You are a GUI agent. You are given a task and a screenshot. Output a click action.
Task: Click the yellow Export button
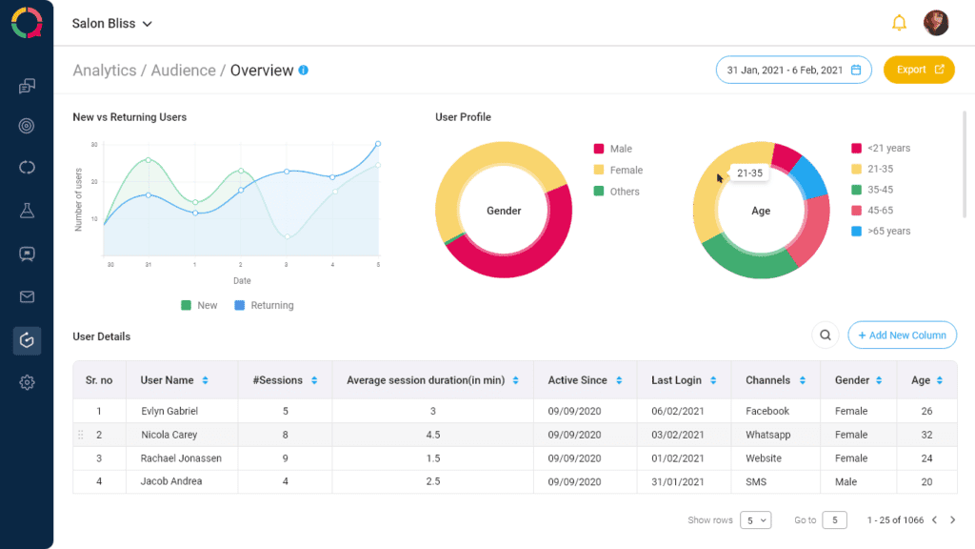coord(919,70)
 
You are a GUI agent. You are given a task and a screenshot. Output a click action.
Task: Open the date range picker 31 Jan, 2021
coord(793,70)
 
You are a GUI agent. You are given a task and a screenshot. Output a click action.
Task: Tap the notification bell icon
coord(899,23)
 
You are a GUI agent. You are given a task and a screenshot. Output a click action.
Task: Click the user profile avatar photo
coord(936,23)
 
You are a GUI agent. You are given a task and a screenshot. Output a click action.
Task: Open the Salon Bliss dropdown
coord(112,24)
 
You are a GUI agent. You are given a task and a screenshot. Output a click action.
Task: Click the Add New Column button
coord(902,335)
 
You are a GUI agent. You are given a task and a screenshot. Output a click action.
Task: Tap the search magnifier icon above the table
coord(826,335)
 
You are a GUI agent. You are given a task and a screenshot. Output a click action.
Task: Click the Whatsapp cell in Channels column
coord(767,435)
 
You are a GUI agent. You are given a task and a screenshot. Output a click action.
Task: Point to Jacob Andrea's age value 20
coord(926,481)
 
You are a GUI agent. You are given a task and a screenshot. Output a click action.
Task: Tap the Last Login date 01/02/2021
coord(678,458)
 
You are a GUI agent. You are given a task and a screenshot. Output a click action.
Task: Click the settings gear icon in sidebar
coord(27,383)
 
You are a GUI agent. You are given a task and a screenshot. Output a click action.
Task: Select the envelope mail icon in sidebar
coord(27,297)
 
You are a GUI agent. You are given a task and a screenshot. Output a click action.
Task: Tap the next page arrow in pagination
coord(953,520)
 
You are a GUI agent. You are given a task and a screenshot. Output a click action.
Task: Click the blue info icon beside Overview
coord(303,71)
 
